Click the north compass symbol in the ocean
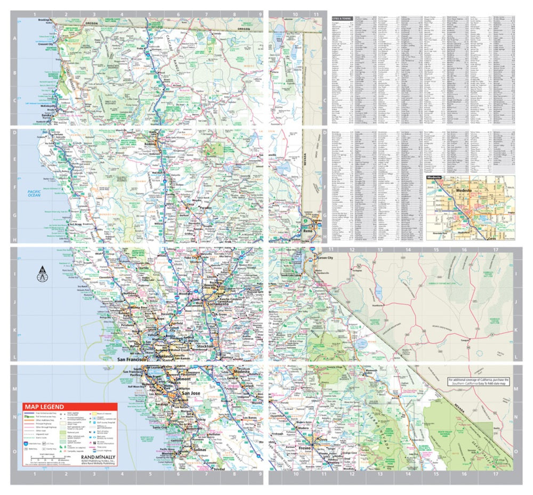(x=41, y=275)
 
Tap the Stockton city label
(x=206, y=346)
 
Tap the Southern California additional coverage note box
(x=478, y=382)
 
